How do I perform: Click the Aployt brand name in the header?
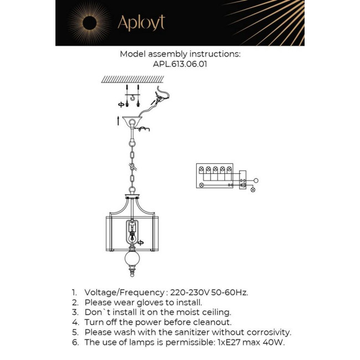(141, 23)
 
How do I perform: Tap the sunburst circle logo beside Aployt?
(89, 23)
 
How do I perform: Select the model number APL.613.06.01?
(180, 64)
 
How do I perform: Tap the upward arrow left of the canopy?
(117, 121)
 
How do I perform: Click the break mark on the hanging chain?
(133, 166)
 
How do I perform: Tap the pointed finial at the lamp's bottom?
(132, 274)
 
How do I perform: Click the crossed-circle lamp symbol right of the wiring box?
(253, 190)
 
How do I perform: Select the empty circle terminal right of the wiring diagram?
(255, 181)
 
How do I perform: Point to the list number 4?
(74, 322)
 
